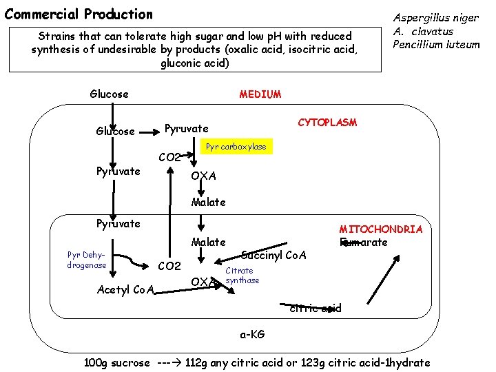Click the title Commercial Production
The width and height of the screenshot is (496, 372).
coord(79,14)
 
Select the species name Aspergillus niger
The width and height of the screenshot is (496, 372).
coord(435,19)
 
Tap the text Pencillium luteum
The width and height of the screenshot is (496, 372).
coord(435,45)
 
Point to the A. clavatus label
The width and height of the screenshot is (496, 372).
coord(423,32)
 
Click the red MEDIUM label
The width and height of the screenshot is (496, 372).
coord(260,94)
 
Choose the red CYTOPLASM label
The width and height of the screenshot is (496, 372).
coord(327,123)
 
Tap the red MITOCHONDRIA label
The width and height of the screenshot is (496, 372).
coord(380,229)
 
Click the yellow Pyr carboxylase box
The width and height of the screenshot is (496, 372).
coord(236,147)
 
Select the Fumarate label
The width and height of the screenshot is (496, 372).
coord(363,242)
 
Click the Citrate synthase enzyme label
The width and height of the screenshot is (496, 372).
coord(242,276)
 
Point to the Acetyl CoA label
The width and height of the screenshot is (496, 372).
coord(125,289)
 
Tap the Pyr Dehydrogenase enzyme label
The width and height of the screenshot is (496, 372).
coord(87,260)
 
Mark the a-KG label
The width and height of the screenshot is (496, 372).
coord(251,334)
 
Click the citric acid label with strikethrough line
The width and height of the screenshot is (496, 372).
coord(315,308)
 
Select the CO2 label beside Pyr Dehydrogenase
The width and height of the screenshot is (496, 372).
coord(169,266)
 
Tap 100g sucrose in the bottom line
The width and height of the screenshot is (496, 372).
coord(116,362)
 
